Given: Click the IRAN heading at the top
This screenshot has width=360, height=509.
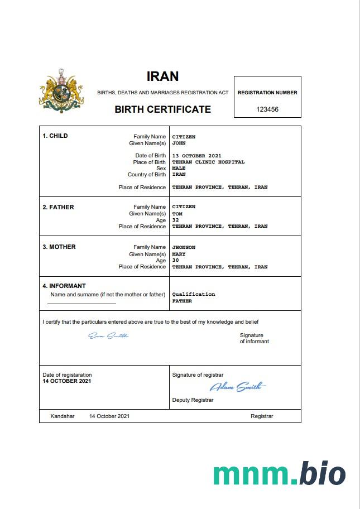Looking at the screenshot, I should pos(162,76).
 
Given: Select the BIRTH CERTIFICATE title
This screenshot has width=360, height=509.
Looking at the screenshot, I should pos(162,109).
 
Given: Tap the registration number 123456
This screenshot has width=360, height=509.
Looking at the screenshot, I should pos(267,109).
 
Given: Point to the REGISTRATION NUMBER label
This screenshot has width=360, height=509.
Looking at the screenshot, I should pos(267,93).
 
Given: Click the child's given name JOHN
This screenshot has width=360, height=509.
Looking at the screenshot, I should pos(179,143).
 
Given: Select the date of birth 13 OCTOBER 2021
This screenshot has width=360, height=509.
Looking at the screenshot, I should pos(197,155).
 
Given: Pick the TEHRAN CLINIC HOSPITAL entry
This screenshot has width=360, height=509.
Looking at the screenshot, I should pos(208,162).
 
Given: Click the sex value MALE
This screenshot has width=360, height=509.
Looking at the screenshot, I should pos(179,168).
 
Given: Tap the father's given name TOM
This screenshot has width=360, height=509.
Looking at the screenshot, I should pos(177,213).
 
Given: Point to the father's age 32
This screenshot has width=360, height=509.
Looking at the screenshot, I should pos(175,220).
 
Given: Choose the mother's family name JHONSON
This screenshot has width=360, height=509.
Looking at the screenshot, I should pos(184,247).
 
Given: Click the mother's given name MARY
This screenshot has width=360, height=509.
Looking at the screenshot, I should pos(179,254).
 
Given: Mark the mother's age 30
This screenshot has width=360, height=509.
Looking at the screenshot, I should pos(175,261).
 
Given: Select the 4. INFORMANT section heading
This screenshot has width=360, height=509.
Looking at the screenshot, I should pos(64,286).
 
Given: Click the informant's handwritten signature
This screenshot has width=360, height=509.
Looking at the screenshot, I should pos(108,335).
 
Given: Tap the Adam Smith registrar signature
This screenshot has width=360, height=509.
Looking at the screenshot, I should pos(238,386).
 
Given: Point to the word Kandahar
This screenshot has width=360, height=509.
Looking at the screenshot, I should pos(63,416).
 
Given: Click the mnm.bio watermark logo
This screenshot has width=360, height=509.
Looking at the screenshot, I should pos(279,473).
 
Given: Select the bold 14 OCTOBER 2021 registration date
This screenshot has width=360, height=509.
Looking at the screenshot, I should pos(66,381).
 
